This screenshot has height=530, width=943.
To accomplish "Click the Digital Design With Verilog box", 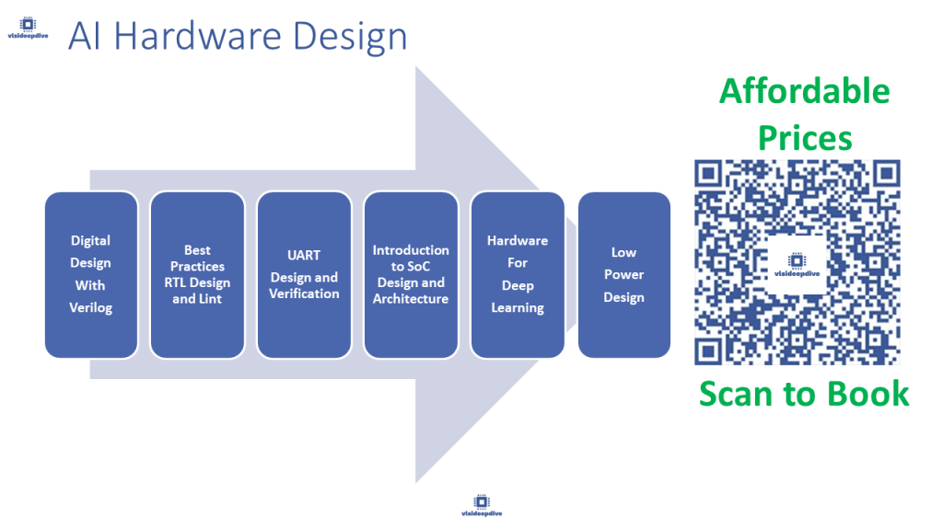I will pos(90,274).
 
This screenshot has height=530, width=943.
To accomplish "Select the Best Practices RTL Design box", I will pos(197,274).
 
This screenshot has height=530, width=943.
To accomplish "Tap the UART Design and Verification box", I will pos(304,274).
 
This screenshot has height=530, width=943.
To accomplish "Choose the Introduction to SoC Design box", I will pos(411,274).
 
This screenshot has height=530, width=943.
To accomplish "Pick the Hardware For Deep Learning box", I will pos(518,274).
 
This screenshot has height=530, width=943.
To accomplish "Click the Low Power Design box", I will pos(624,274).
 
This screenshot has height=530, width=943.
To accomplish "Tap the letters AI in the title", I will pos(85,37).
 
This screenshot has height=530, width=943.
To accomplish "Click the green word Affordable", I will pos(804,91).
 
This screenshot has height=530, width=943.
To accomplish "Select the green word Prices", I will pos(804,138).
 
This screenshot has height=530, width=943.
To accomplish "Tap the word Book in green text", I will pos(867,394).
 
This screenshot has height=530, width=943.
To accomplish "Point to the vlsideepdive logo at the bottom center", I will pos(482,505).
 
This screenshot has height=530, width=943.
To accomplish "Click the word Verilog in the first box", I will pos(90,307).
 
